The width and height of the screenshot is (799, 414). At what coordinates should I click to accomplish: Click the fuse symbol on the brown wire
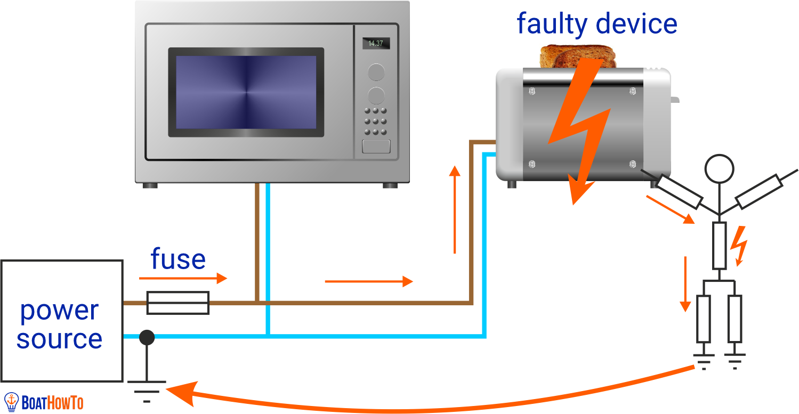tap(177, 303)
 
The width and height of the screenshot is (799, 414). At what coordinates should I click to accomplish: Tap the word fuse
tap(178, 259)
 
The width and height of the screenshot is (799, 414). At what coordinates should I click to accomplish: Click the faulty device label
tap(596, 24)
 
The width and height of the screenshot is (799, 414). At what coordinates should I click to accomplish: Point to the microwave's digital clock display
tap(376, 43)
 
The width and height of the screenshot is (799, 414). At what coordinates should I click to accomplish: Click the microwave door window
tap(246, 92)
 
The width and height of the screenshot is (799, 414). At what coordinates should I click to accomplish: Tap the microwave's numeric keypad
tap(376, 121)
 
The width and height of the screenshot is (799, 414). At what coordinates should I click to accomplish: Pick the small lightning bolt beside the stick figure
tap(740, 245)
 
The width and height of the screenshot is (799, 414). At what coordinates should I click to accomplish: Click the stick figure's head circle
tap(720, 168)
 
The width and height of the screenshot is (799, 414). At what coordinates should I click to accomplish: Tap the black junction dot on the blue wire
tap(147, 337)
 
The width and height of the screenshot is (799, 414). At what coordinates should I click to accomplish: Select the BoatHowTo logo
tap(44, 402)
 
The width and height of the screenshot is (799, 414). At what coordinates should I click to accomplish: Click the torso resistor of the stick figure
tap(720, 246)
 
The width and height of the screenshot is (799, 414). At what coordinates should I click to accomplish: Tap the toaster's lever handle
tap(675, 99)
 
